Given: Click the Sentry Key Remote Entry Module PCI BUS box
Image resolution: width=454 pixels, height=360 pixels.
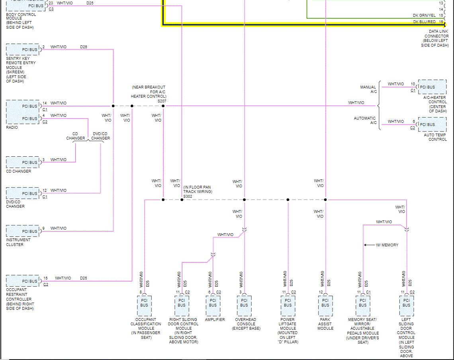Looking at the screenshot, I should [x=23, y=49].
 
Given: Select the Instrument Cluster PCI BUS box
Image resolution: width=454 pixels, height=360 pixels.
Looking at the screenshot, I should [x=23, y=231].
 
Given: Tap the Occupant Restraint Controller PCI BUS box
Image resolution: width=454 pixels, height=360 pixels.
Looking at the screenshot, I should [x=23, y=281].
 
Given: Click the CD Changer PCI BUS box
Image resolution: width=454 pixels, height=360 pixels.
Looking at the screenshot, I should [x=23, y=162].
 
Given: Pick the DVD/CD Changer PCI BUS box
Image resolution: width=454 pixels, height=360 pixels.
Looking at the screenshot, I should [x=23, y=193].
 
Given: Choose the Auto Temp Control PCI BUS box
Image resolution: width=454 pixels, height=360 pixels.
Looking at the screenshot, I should [x=432, y=124].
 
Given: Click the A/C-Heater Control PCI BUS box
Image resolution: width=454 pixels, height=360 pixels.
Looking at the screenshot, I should [x=432, y=87].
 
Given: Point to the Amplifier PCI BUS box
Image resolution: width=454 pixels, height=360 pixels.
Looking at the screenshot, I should [x=213, y=306].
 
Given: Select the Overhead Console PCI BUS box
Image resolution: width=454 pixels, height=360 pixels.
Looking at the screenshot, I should [x=244, y=306].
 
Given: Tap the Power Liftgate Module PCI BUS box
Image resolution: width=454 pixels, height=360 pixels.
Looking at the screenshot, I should [x=288, y=306].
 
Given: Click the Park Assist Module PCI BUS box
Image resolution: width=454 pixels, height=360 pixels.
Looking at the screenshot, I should [x=325, y=306].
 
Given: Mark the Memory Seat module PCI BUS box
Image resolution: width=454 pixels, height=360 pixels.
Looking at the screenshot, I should [x=363, y=306].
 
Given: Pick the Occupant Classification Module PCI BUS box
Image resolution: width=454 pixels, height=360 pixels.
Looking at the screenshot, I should [x=144, y=306].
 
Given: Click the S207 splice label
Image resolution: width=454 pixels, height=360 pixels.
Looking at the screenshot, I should [x=162, y=101].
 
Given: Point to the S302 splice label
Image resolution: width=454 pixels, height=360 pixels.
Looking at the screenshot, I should [x=188, y=197].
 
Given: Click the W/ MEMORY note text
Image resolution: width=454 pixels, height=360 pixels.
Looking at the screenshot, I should [x=387, y=245].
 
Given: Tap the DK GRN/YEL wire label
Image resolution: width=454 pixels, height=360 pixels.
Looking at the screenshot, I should [x=424, y=16].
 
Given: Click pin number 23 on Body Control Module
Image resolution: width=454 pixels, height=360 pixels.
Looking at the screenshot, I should [x=51, y=3].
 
